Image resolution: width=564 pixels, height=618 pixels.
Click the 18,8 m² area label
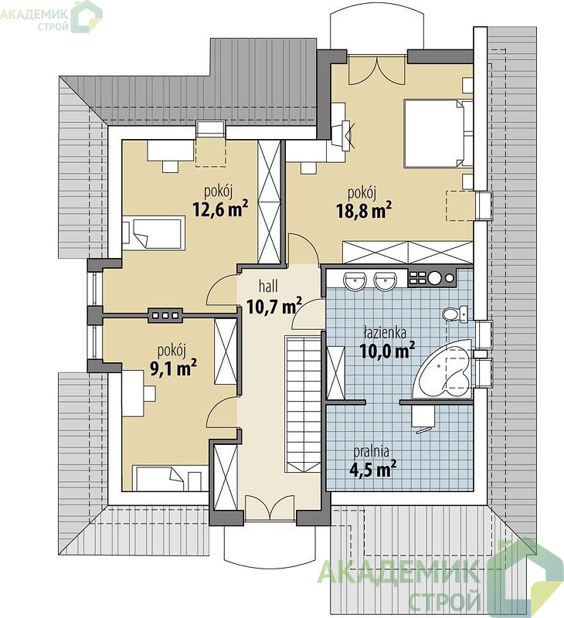(364, 210)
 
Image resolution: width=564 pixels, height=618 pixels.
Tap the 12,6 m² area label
(220, 209)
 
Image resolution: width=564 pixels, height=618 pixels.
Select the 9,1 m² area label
(173, 368)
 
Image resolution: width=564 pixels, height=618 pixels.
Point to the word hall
(268, 287)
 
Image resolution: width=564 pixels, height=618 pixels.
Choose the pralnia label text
(372, 451)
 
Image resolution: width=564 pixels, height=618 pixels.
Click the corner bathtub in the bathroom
(443, 369)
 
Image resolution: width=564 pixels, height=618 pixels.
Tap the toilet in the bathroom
(455, 314)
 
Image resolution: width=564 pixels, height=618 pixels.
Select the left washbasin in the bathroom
(355, 281)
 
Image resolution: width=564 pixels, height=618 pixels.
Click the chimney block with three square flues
(165, 315)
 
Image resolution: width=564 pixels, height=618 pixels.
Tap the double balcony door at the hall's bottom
(268, 508)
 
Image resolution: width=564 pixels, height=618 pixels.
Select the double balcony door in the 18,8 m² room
(377, 70)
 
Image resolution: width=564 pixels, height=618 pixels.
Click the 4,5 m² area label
(373, 469)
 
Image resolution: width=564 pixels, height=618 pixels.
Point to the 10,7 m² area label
(274, 305)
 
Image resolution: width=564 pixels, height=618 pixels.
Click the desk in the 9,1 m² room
(134, 393)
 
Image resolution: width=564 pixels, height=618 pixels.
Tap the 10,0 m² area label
(387, 350)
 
